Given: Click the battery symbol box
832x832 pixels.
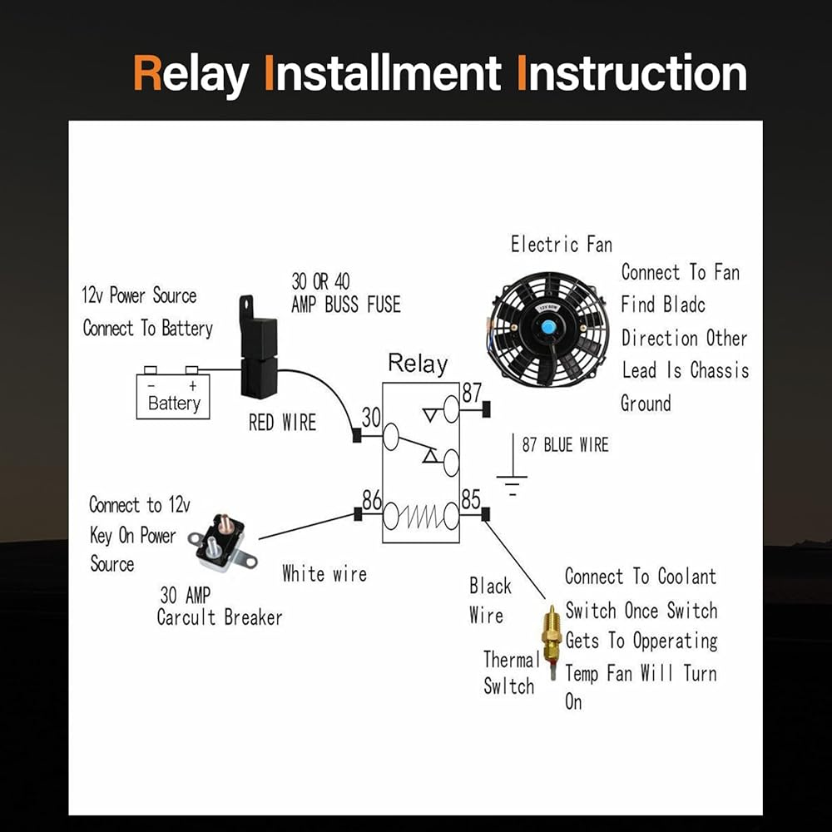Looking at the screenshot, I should coord(173,397).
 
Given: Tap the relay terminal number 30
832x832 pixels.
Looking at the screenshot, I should coord(370,416).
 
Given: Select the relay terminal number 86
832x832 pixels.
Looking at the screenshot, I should coord(371,500).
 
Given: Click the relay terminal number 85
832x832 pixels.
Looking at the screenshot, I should coord(472,500).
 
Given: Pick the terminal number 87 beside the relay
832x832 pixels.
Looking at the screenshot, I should coord(472,392).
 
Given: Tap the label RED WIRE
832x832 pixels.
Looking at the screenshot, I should coord(283,423).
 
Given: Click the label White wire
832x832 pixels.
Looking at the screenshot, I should coord(324,573).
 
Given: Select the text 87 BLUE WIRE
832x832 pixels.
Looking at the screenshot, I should coord(565,444).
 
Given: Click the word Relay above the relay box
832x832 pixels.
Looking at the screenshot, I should coord(418,364).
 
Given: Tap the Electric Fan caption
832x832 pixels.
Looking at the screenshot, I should coord(561,245).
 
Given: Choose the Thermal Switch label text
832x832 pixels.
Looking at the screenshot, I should coord(509,673).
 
